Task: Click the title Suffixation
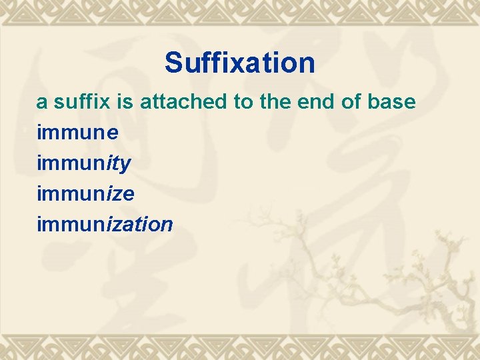click(x=240, y=63)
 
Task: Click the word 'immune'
click(x=78, y=133)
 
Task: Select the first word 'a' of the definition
click(x=41, y=103)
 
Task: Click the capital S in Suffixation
click(x=173, y=63)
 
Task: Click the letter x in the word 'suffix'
click(x=98, y=103)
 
